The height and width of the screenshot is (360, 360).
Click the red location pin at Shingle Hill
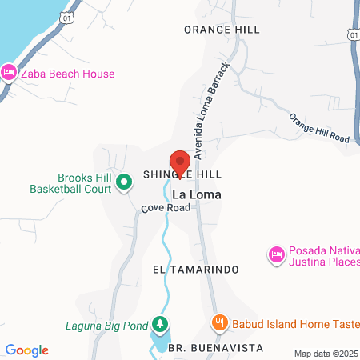pyautogui.click(x=180, y=162)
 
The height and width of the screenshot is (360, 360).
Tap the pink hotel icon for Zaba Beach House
pyautogui.click(x=9, y=73)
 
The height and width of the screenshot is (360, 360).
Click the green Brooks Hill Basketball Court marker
pyautogui.click(x=124, y=183)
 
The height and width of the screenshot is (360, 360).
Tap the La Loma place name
pyautogui.click(x=197, y=194)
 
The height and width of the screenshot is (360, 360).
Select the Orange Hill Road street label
pyautogui.click(x=319, y=127)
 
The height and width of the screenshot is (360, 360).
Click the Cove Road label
pyautogui.click(x=166, y=208)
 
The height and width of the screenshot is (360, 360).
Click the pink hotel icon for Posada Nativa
pyautogui.click(x=275, y=254)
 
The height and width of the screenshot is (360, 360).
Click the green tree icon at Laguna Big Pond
pyautogui.click(x=162, y=325)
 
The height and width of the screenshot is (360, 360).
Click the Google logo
pyautogui.click(x=27, y=350)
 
